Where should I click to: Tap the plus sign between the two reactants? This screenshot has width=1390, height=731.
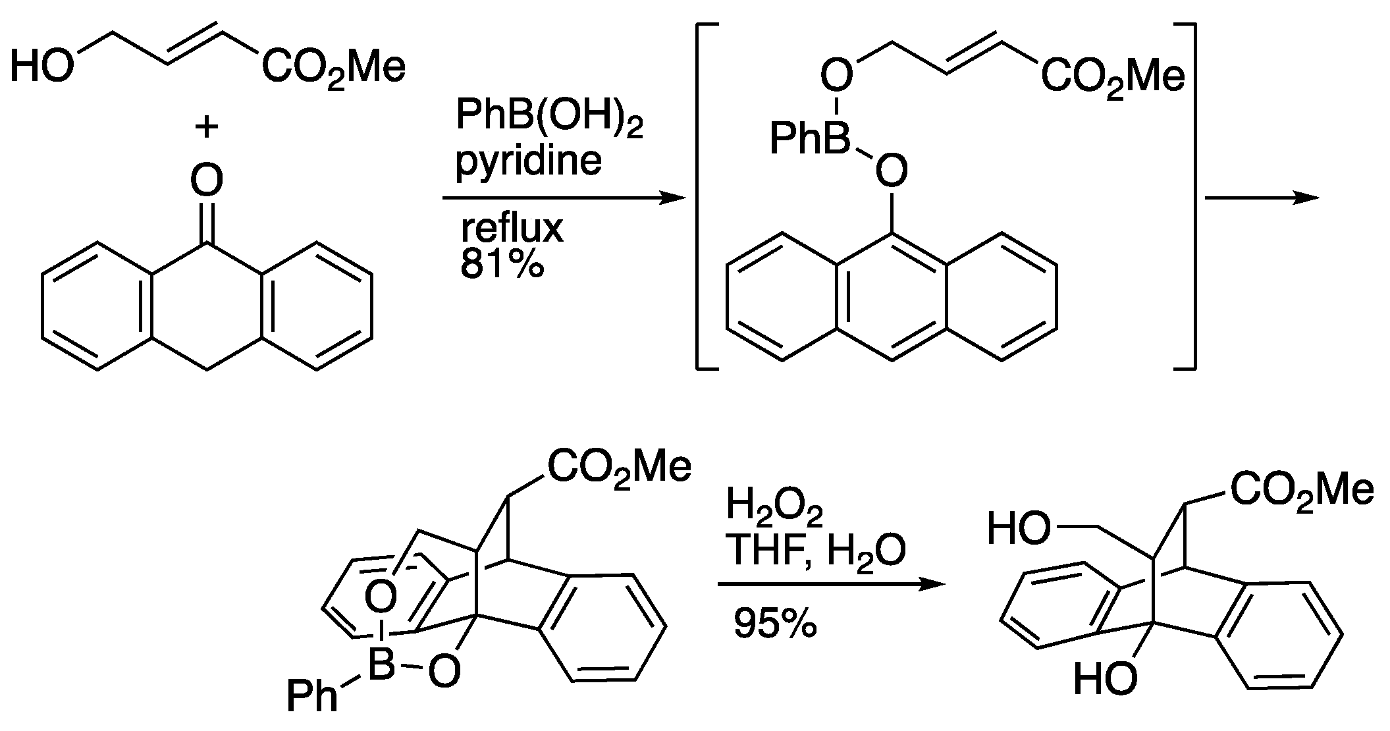(x=207, y=126)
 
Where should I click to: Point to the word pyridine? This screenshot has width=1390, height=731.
(x=529, y=159)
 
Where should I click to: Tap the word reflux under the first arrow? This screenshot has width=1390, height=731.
(x=512, y=228)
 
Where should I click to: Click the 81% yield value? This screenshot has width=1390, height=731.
(x=502, y=265)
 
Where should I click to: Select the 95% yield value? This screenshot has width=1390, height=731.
(x=775, y=623)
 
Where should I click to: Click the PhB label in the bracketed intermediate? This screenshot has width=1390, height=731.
(x=809, y=140)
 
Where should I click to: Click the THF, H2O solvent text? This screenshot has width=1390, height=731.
(x=815, y=551)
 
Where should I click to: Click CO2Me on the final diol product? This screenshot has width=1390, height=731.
(x=1302, y=491)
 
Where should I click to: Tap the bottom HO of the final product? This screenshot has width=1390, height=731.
(x=1104, y=680)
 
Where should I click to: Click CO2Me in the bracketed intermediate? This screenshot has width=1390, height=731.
(x=1112, y=77)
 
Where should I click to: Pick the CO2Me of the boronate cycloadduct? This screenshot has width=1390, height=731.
(x=619, y=467)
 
